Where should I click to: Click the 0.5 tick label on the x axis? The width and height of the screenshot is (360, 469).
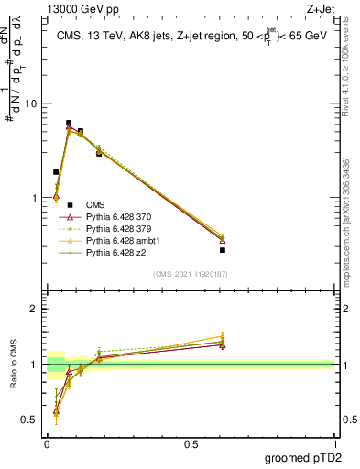click(191, 443)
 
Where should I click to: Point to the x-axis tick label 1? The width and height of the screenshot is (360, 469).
click(335, 443)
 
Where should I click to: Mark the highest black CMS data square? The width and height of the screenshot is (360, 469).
click(69, 123)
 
